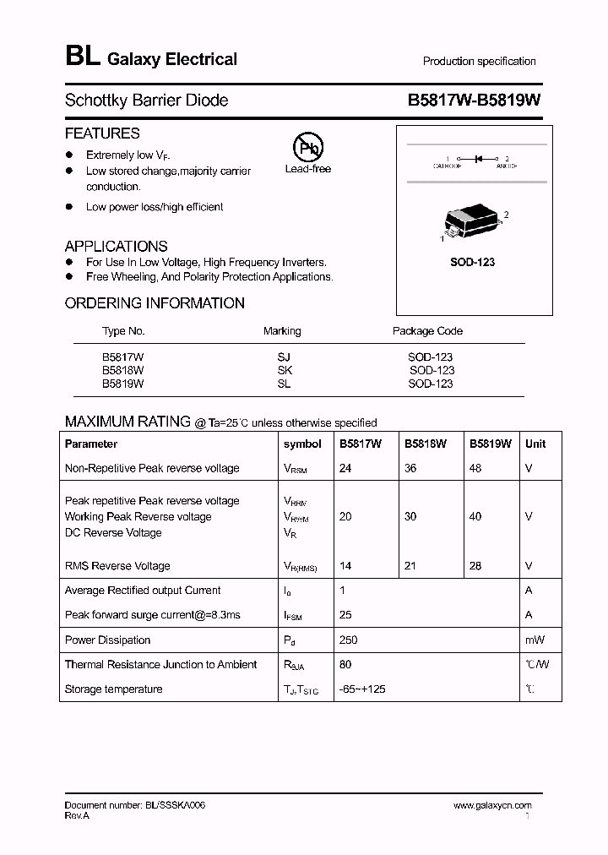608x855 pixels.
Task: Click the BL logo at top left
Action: pos(82,57)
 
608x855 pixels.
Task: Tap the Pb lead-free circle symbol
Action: pos(307,148)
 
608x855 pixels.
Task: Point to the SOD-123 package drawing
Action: pos(472,222)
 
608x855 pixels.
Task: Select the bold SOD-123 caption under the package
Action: pos(472,262)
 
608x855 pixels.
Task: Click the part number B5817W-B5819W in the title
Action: pos(474,100)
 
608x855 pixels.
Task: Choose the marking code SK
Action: pos(284,370)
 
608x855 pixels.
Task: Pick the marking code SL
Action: pos(284,384)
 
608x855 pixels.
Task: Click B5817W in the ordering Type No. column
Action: pos(123,357)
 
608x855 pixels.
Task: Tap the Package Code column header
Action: pos(427,331)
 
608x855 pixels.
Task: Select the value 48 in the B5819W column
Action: pos(475,468)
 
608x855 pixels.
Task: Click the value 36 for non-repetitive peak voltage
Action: pos(410,468)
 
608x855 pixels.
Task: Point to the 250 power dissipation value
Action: pos(348,640)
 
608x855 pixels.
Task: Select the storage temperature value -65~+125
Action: pos(363,689)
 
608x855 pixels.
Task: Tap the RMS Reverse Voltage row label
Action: pos(117,566)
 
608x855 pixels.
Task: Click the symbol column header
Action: pos(302,444)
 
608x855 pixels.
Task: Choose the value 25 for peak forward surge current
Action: pos(345,615)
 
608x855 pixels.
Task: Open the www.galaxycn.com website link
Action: pos(492,806)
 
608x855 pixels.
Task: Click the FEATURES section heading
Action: pos(102,133)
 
